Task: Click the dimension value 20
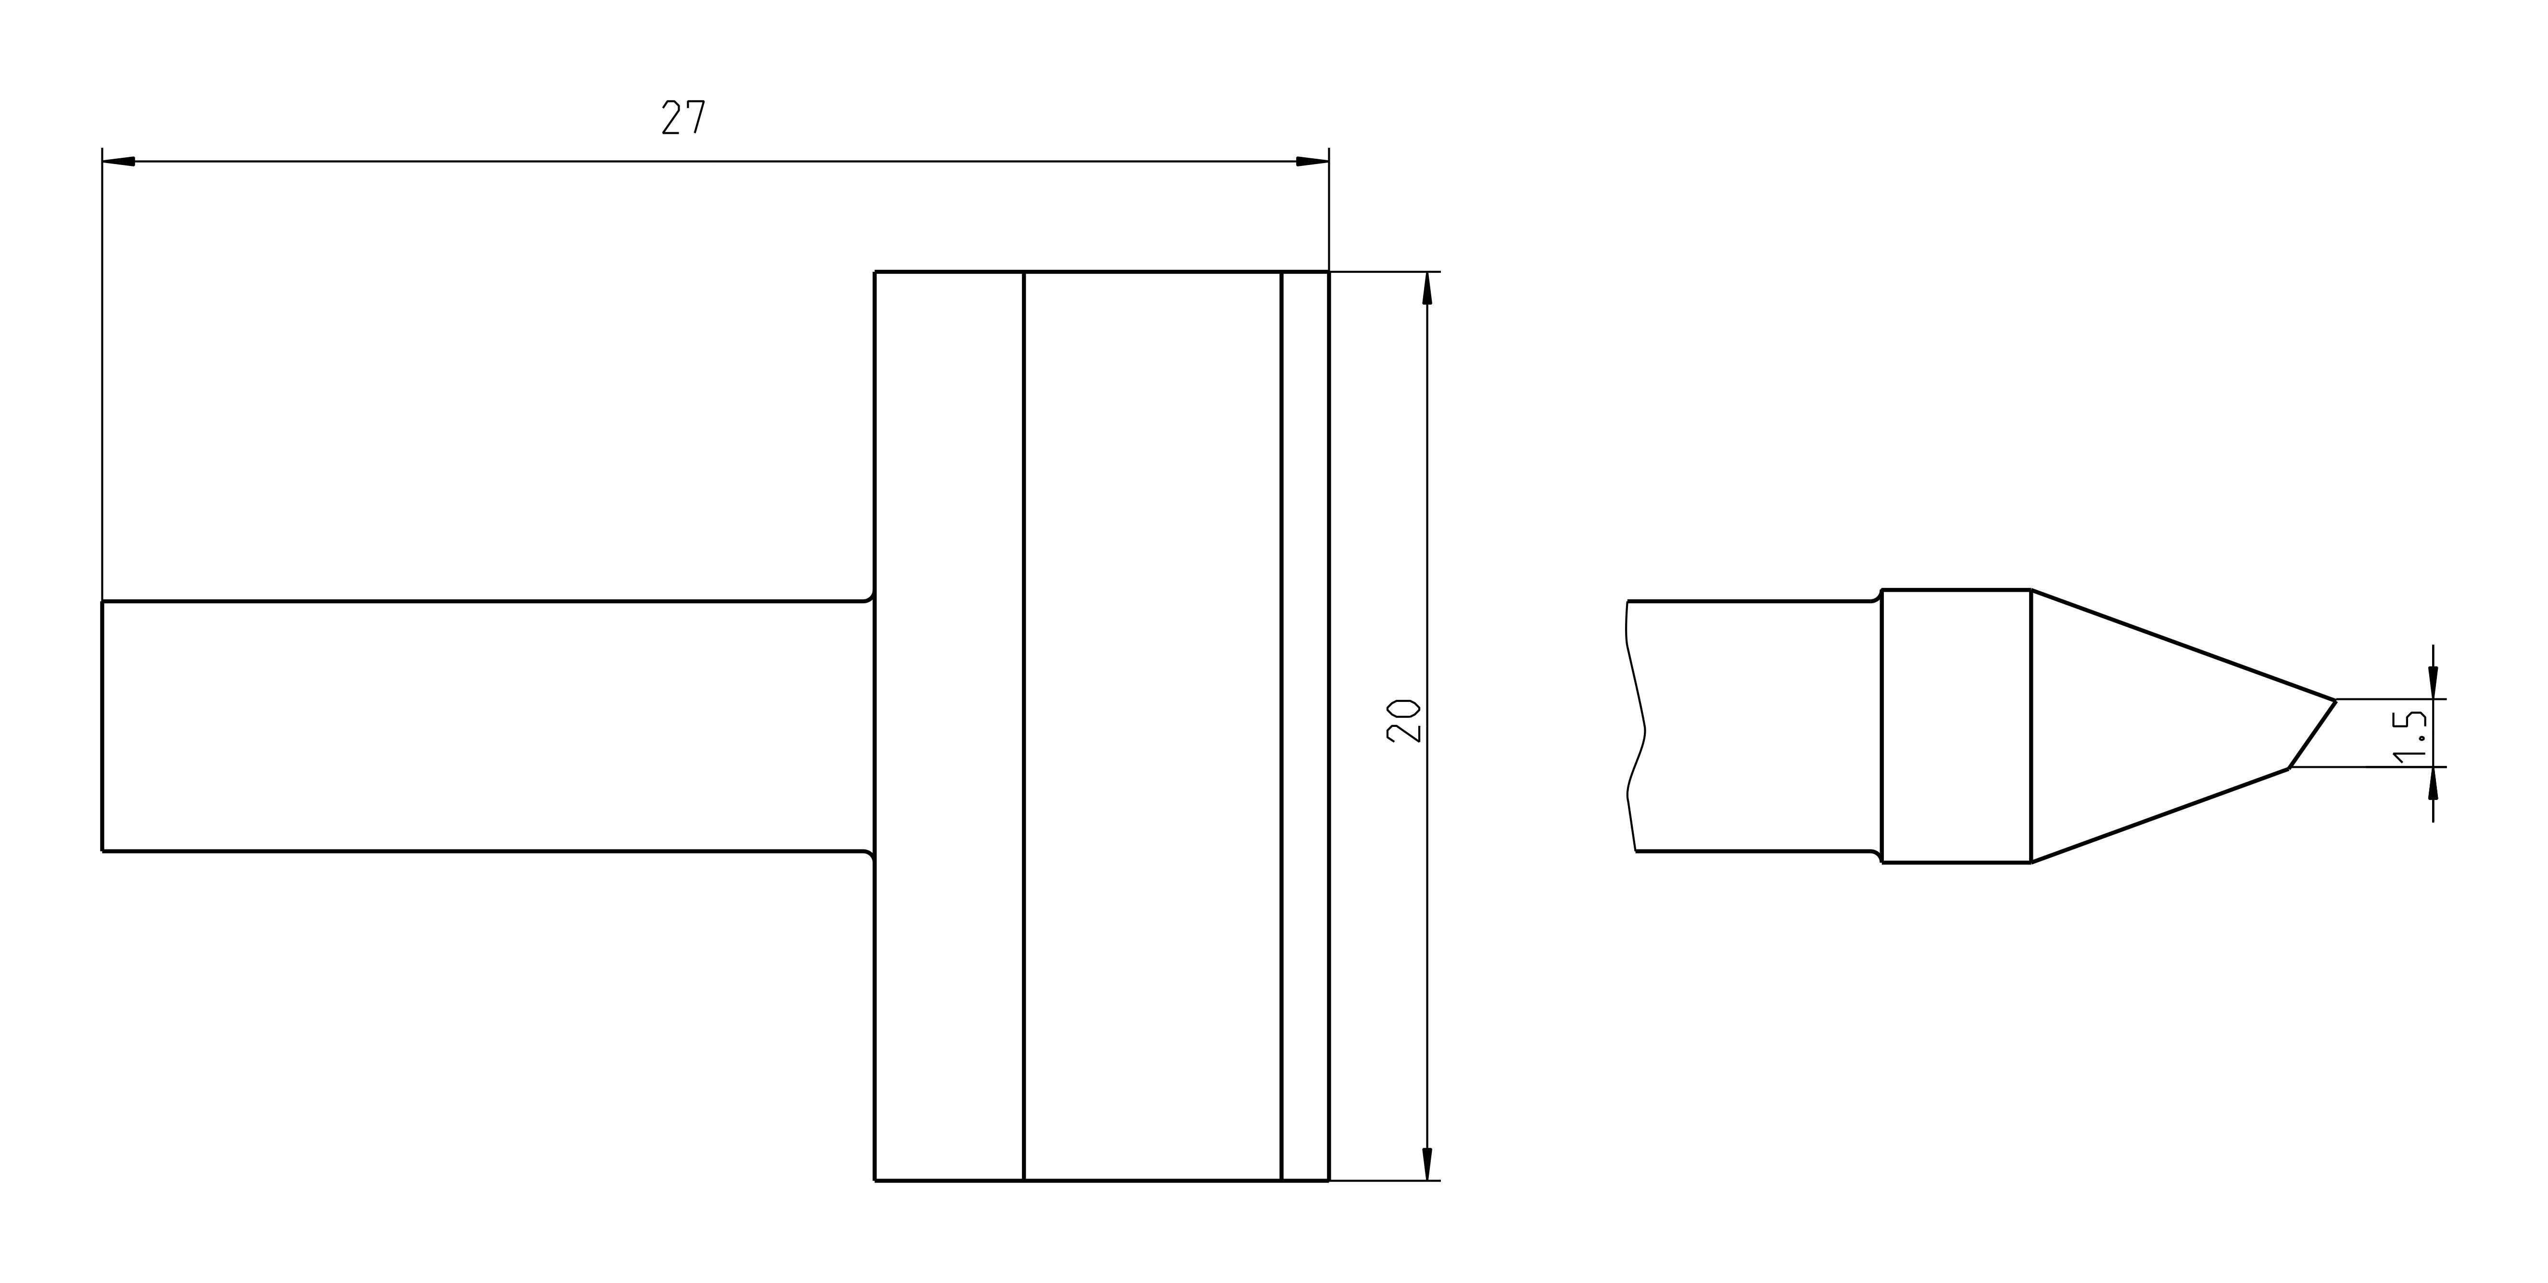pyautogui.click(x=1404, y=721)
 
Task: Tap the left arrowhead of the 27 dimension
pyautogui.click(x=119, y=161)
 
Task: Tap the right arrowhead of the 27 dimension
pyautogui.click(x=1312, y=161)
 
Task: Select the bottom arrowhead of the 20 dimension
pyautogui.click(x=1427, y=1164)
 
